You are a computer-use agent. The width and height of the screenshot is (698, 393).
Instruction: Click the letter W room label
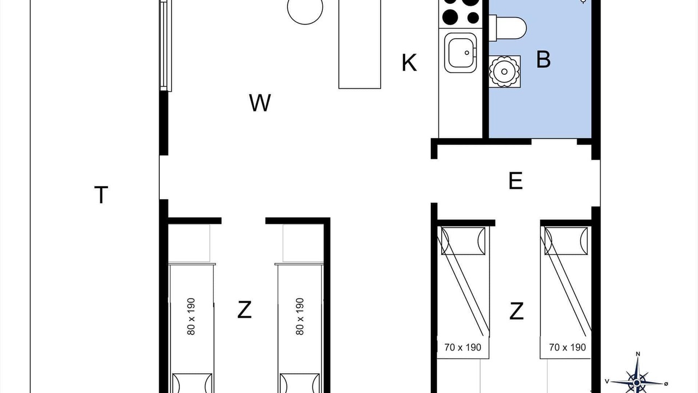260,103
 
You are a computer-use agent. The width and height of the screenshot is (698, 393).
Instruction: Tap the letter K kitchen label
409,63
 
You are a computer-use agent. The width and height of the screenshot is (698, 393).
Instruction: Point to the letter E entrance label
515,181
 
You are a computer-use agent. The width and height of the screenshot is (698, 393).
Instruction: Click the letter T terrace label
101,195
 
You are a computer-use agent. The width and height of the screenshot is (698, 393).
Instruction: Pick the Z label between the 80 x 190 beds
244,309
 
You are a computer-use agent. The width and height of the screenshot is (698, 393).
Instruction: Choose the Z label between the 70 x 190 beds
516,311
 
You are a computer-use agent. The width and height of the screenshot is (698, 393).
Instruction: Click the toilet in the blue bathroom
508,28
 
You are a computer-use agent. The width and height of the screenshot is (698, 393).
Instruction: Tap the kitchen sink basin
461,53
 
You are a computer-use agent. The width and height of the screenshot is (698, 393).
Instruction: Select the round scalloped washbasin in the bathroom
504,72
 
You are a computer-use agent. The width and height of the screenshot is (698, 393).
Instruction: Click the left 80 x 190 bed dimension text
191,317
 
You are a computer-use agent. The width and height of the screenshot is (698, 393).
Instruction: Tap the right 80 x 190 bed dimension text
299,317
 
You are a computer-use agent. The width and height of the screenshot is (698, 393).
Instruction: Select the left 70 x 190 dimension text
463,347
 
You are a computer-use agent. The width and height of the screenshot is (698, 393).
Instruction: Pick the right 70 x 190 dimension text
568,347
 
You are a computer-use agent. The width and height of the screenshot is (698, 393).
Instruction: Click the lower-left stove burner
450,17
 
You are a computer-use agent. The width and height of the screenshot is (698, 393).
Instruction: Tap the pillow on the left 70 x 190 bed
463,241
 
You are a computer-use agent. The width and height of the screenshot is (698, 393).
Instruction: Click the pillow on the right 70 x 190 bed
566,241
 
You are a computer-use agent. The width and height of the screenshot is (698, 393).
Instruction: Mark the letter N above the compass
638,354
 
